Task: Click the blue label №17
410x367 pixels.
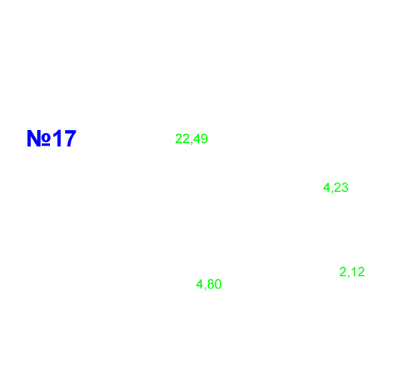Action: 51,139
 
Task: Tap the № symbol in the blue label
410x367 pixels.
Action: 39,139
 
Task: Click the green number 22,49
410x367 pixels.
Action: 191,139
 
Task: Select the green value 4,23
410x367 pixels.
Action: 336,187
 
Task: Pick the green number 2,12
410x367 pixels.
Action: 352,272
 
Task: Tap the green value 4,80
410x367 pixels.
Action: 209,284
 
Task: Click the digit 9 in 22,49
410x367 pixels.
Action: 205,139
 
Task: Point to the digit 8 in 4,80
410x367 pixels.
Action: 210,284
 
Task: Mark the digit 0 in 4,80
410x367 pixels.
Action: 218,284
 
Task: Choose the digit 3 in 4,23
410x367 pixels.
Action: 345,187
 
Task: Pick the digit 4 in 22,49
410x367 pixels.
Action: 197,139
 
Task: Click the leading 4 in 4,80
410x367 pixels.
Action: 200,284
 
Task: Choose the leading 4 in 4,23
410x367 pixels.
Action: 327,187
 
